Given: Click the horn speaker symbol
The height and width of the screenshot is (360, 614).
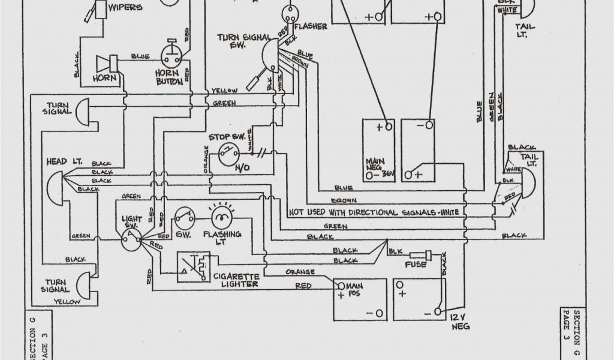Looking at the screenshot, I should point(109,62).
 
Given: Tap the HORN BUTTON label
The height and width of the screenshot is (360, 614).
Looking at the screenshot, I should point(170,77).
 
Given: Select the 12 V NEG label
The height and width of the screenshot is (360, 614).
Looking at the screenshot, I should point(459,322).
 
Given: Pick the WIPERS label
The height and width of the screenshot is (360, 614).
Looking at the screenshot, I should point(126,8).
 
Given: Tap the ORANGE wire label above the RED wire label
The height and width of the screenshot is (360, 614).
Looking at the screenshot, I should point(300,272).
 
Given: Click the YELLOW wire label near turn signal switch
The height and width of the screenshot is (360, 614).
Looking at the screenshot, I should point(225,91).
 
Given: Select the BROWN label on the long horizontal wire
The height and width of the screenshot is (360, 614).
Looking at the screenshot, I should point(344,200).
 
